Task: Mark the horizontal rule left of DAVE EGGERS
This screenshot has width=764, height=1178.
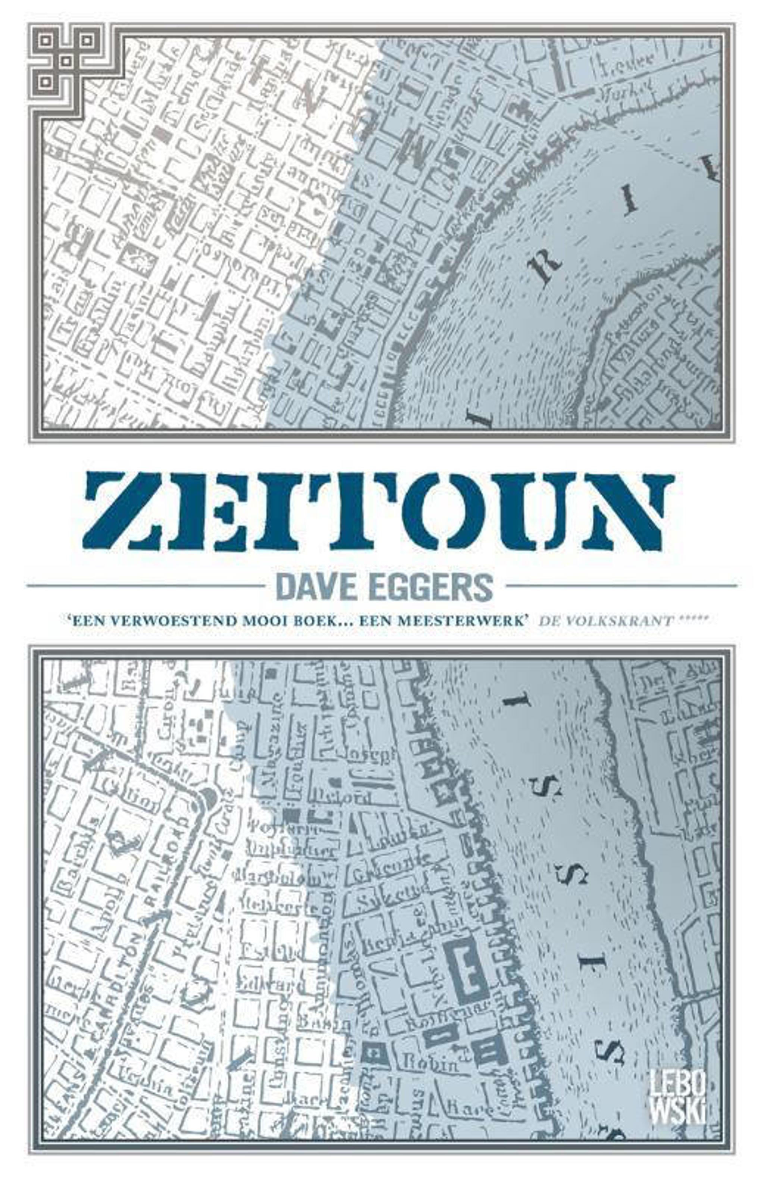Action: click(144, 586)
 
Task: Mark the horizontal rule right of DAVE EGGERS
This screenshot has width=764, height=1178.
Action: click(621, 586)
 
